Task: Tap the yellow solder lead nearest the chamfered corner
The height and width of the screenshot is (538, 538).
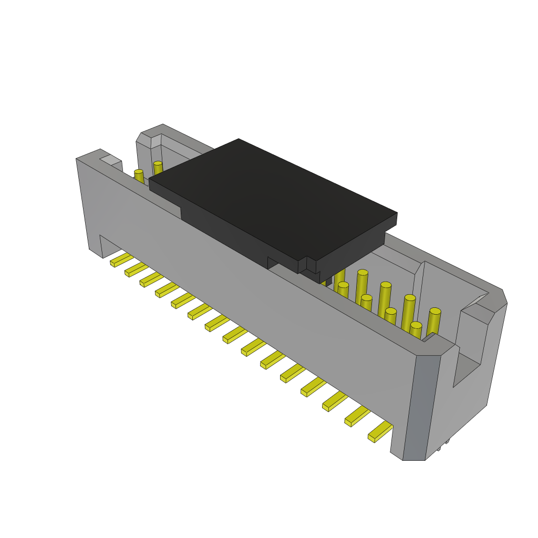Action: (380, 431)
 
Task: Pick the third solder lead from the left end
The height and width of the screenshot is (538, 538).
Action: (151, 279)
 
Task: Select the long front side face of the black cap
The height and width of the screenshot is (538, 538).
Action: (236, 231)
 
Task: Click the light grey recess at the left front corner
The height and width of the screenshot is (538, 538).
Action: (109, 159)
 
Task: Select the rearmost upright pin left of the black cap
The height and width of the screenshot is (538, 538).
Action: (158, 168)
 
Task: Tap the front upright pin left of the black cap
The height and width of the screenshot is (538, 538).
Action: (139, 176)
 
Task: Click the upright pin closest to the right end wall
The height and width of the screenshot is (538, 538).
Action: (433, 321)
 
